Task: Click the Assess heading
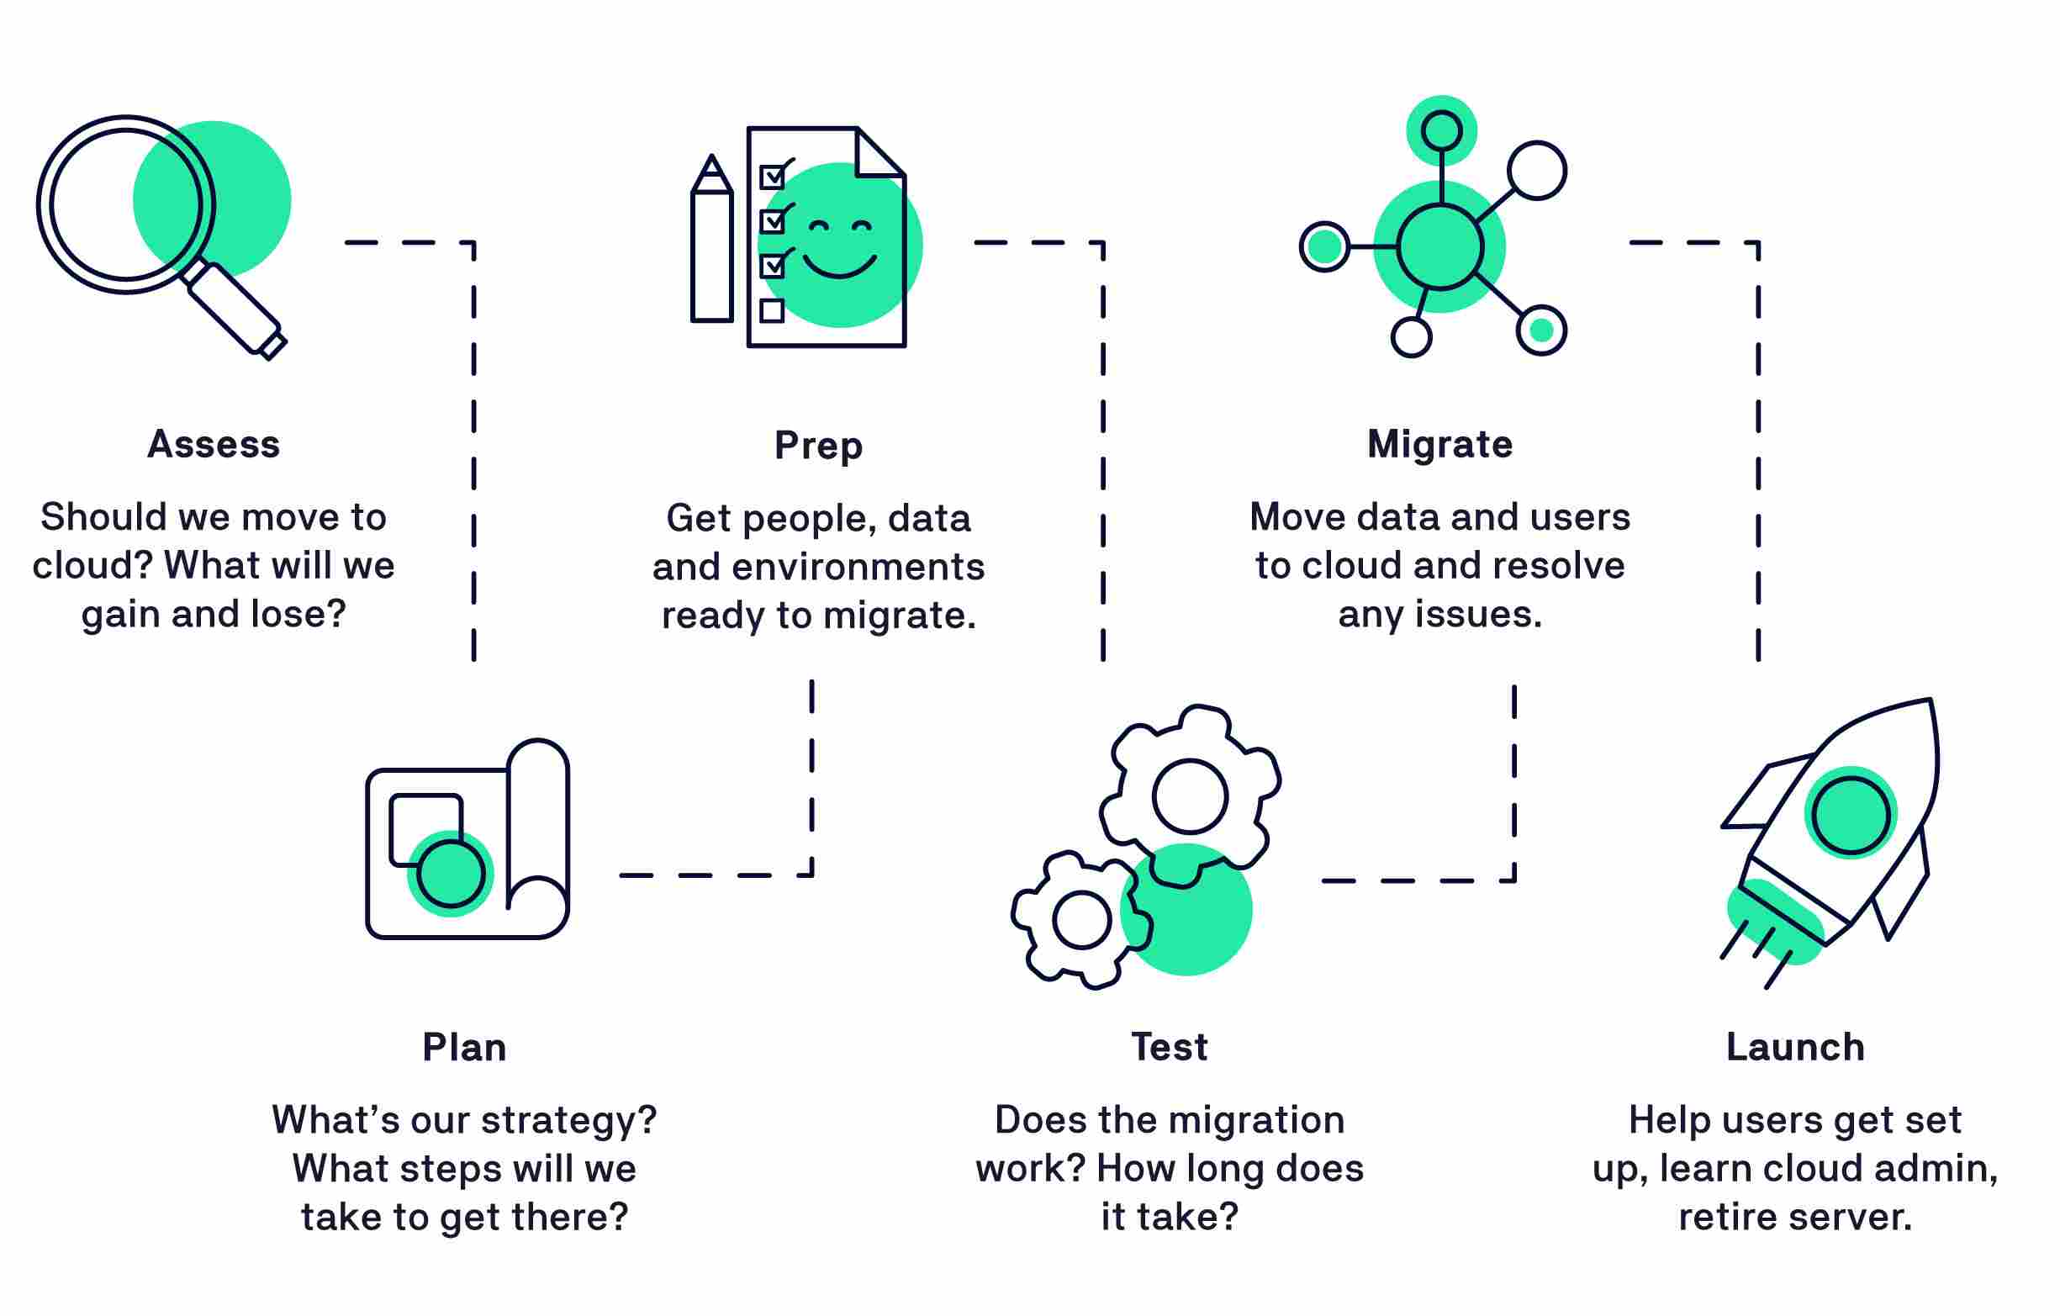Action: (x=213, y=444)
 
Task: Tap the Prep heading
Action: (x=818, y=446)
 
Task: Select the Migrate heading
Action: (x=1439, y=444)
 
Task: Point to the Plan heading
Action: (x=463, y=1047)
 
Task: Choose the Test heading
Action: (x=1170, y=1046)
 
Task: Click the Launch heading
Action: (x=1795, y=1046)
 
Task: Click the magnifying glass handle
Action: (x=236, y=308)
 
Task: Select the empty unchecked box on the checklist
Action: (x=772, y=309)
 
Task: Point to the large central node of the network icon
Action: (x=1440, y=246)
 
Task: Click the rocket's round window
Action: (x=1851, y=816)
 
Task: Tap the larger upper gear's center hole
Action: (x=1190, y=796)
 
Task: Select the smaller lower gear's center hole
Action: (x=1081, y=920)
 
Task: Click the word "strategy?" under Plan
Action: (x=573, y=1120)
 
